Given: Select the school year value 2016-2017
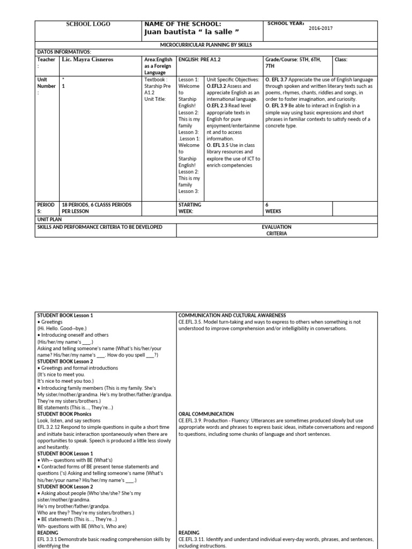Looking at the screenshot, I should pyautogui.click(x=320, y=28).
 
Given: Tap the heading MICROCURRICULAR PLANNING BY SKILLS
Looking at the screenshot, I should pyautogui.click(x=207, y=44).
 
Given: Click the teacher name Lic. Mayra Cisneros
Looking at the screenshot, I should pyautogui.click(x=89, y=60).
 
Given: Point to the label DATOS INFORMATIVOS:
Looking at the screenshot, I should pyautogui.click(x=61, y=52).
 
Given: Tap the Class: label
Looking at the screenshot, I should pyautogui.click(x=341, y=60).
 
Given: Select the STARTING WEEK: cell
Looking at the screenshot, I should pyautogui.click(x=190, y=208).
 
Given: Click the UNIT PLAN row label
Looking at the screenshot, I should pyautogui.click(x=49, y=219).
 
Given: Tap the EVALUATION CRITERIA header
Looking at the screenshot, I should pyautogui.click(x=277, y=231).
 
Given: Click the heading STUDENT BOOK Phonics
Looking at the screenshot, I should pyautogui.click(x=64, y=414).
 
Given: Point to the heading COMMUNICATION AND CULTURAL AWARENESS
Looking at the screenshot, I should pyautogui.click(x=232, y=315).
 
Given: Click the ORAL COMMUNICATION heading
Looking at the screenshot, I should pyautogui.click(x=207, y=414).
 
